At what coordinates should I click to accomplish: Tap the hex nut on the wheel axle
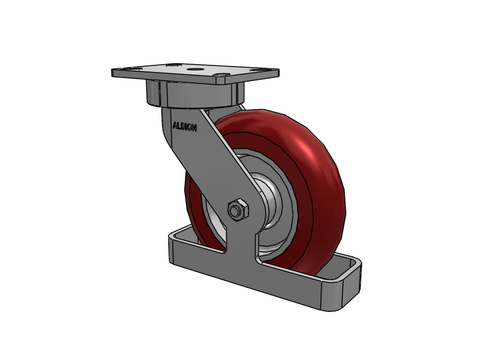coord(236,210)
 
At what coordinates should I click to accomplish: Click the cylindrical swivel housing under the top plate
coord(195,94)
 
